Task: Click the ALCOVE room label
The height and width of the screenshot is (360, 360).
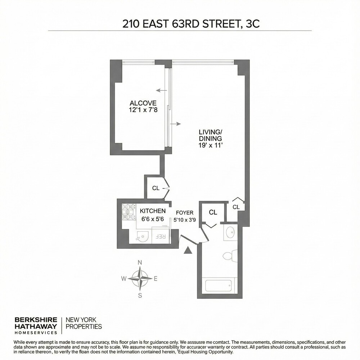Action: (x=139, y=103)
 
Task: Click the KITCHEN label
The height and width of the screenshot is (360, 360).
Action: (x=153, y=211)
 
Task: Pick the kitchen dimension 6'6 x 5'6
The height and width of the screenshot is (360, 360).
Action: (x=153, y=219)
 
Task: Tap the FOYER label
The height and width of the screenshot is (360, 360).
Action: (x=184, y=212)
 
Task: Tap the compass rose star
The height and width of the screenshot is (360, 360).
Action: (x=140, y=278)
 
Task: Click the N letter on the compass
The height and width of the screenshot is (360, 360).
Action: (x=140, y=262)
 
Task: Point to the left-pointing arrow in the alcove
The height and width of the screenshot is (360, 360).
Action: (x=161, y=90)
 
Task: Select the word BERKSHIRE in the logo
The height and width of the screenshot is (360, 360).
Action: (x=35, y=319)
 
